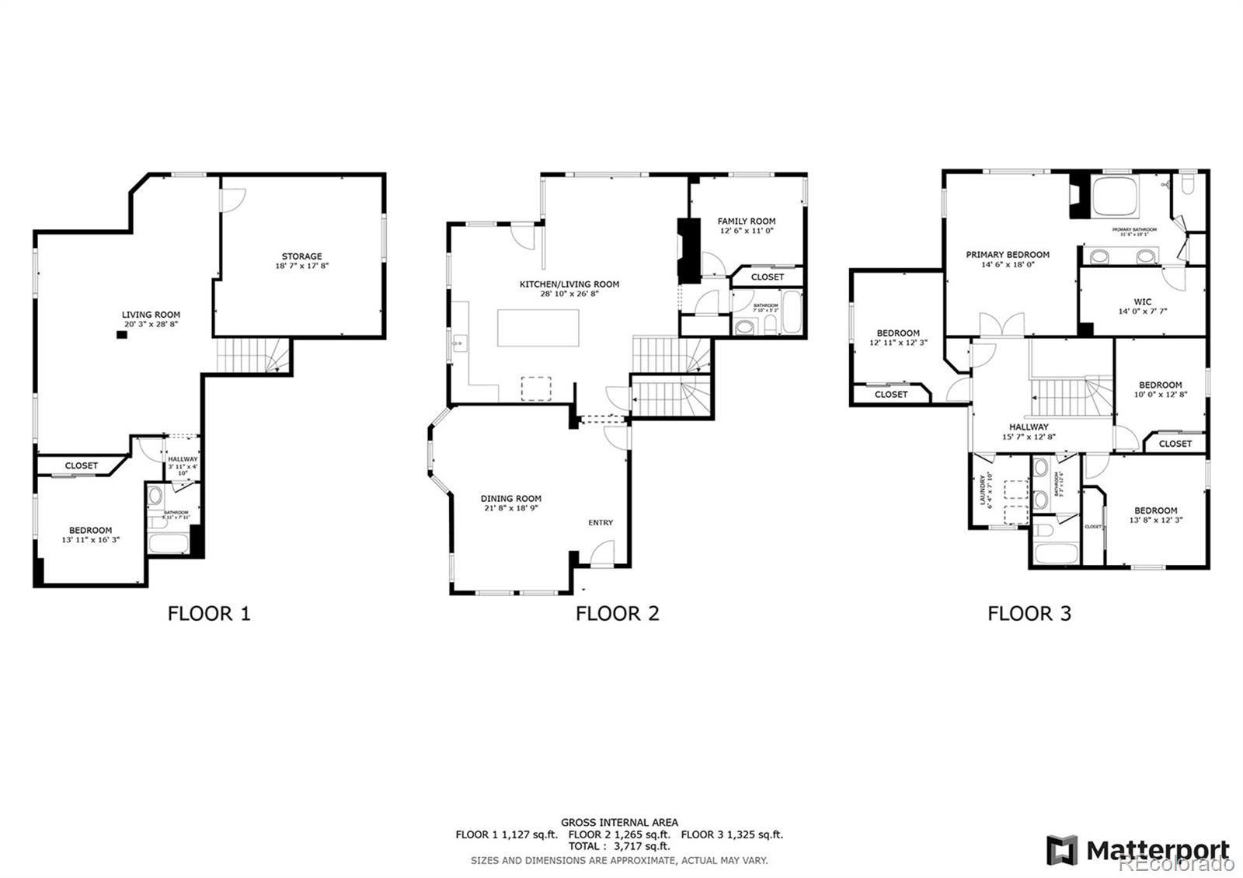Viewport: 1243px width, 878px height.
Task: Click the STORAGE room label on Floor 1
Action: pyautogui.click(x=301, y=256)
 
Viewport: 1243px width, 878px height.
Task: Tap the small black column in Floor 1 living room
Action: pyautogui.click(x=121, y=335)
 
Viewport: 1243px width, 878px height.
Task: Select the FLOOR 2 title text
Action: pyautogui.click(x=617, y=614)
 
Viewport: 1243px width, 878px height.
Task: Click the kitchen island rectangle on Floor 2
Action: pyautogui.click(x=538, y=328)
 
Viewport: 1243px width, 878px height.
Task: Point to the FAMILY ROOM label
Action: pyautogui.click(x=746, y=221)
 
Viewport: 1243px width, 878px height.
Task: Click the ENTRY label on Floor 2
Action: pyautogui.click(x=601, y=523)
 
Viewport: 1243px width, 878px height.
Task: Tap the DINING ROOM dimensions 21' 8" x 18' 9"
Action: pyautogui.click(x=510, y=508)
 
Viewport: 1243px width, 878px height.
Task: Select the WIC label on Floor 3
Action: pyautogui.click(x=1142, y=302)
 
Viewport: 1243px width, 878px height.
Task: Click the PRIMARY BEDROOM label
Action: pyautogui.click(x=1008, y=255)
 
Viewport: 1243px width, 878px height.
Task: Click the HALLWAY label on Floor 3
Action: pyautogui.click(x=1029, y=427)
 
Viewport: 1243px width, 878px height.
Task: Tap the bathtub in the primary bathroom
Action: pyautogui.click(x=1115, y=198)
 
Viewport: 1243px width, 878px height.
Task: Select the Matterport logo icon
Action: pyautogui.click(x=1061, y=850)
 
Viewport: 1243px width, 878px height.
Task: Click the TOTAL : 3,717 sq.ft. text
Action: pyautogui.click(x=619, y=846)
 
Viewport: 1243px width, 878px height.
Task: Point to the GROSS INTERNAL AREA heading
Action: pyautogui.click(x=619, y=822)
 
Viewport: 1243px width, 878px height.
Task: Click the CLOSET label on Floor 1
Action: pyautogui.click(x=82, y=466)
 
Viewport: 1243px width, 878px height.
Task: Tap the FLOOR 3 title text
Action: pyautogui.click(x=1029, y=614)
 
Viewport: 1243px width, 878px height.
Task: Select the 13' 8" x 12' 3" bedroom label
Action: pyautogui.click(x=1155, y=521)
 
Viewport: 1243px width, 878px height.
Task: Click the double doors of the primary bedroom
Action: pyautogui.click(x=1000, y=324)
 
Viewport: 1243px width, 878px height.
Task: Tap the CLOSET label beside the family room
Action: pyautogui.click(x=768, y=277)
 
